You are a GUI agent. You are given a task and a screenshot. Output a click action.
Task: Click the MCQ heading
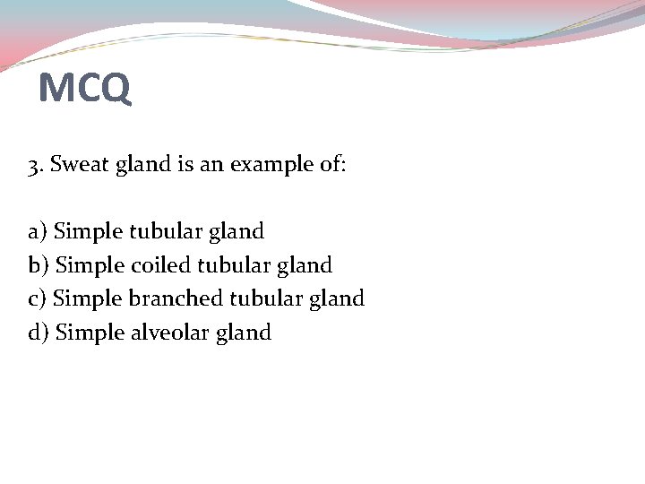point(85,88)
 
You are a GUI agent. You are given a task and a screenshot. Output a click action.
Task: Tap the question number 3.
point(34,166)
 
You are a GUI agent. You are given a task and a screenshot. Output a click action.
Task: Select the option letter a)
point(38,232)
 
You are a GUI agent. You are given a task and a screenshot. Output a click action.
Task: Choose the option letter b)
point(39,265)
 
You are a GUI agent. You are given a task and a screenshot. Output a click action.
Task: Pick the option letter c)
point(38,298)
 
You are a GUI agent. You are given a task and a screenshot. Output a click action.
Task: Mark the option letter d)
point(39,333)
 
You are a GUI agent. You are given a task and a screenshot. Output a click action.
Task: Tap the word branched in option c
point(177,298)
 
